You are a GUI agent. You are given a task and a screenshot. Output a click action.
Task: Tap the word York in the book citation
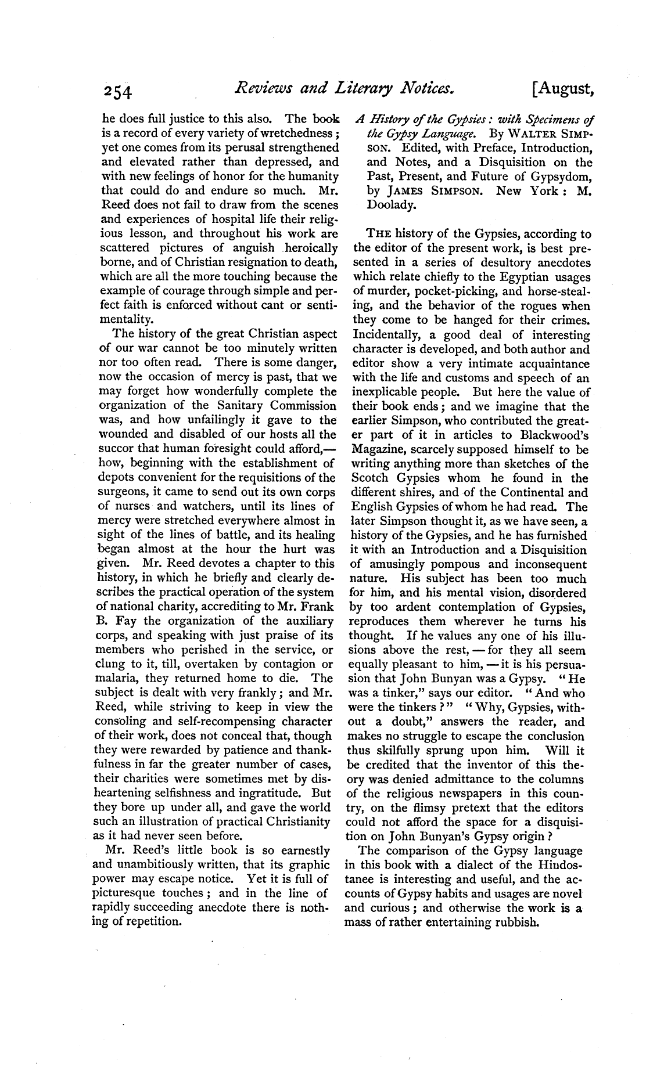coord(536,191)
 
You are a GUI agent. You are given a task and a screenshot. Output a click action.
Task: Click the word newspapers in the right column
coord(473,794)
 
